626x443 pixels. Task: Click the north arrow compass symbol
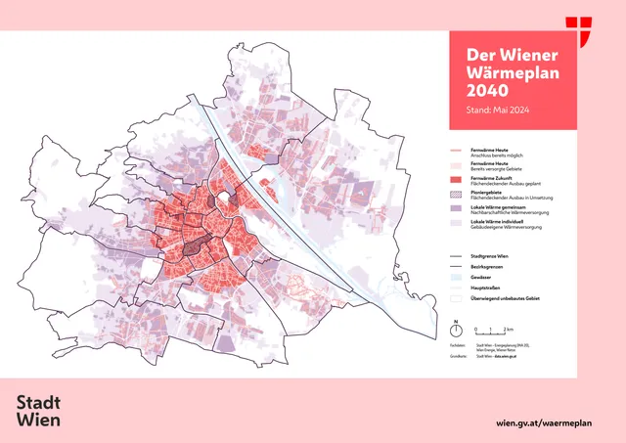tap(456, 329)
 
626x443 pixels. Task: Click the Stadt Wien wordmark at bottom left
tap(39, 411)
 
